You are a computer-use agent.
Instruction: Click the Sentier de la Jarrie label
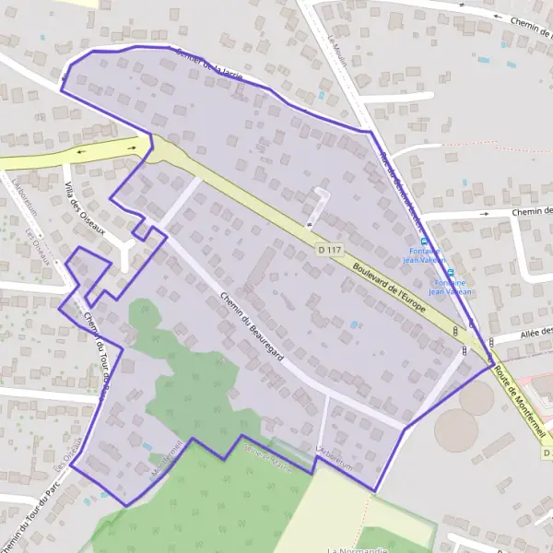[x=209, y=65]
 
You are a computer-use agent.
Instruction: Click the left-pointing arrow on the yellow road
[x=84, y=152]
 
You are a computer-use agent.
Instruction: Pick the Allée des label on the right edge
[x=535, y=333]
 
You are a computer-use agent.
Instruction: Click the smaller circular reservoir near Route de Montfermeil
[x=477, y=397]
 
